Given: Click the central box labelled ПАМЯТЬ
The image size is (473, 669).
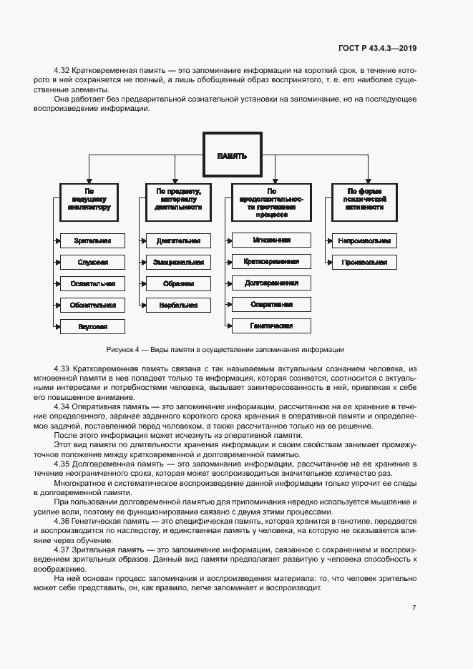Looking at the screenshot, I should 232,155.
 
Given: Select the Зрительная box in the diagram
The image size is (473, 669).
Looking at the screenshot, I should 92,241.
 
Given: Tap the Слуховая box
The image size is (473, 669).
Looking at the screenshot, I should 92,263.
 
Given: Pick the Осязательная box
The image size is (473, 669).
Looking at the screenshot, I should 92,283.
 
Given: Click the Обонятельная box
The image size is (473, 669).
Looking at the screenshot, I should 92,305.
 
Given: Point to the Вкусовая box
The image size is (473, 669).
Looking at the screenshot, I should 92,326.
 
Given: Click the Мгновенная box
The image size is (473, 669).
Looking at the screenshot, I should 271,240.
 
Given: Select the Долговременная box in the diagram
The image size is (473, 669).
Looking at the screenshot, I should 271,283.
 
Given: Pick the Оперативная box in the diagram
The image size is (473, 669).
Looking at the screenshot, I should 271,304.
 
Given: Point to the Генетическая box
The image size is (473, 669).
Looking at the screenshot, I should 271,326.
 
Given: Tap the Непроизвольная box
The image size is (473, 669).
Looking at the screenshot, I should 364,241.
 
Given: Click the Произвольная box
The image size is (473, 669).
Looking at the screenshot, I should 364,263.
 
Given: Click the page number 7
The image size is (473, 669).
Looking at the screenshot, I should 414,607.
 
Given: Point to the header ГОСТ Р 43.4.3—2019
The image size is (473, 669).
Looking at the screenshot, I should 377,48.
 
